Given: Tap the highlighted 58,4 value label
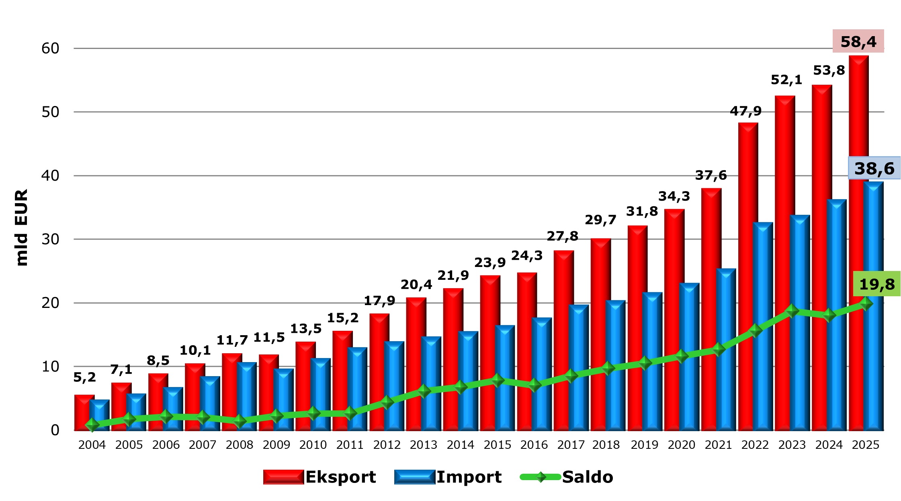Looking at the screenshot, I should [858, 41].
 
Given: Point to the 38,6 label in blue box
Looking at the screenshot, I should [874, 168].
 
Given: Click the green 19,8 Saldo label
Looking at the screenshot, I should [876, 284].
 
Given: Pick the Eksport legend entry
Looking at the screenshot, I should [320, 477].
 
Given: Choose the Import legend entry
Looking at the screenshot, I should [448, 477].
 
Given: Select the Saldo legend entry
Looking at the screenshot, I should [567, 477].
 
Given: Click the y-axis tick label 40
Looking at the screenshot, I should [50, 175].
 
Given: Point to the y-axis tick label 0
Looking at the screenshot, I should [55, 430].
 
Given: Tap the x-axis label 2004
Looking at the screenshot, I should [92, 445].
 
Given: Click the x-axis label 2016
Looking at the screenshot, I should [534, 445].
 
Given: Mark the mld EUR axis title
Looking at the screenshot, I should [21, 227].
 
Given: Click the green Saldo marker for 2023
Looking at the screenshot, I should [792, 311].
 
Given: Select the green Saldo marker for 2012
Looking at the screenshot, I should [387, 402].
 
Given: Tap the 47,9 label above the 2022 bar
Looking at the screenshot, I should [745, 111].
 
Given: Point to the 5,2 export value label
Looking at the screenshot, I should [84, 377].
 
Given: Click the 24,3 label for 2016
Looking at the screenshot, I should [527, 255].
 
